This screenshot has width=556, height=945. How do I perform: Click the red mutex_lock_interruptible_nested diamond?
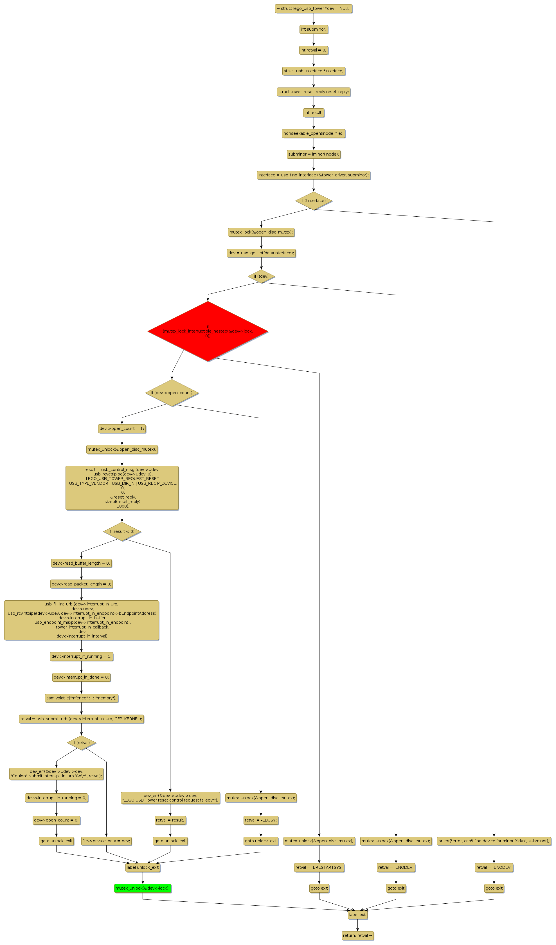208,331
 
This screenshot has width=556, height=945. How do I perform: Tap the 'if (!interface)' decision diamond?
313,201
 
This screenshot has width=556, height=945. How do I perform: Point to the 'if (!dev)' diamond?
261,276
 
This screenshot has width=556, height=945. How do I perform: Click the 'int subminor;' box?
313,29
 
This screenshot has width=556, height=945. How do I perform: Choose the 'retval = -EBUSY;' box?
261,820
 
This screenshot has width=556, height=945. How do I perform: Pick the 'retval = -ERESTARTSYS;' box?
319,867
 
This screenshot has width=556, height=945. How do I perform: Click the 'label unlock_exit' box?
143,867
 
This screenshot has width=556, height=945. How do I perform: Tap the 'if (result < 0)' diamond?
122,531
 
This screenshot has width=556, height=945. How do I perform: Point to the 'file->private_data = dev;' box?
107,841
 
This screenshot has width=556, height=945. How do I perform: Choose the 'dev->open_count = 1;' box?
122,428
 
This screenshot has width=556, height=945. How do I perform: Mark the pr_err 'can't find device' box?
494,841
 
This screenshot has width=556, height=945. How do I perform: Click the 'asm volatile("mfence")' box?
81,698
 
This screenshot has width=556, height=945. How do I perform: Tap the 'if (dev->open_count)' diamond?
172,393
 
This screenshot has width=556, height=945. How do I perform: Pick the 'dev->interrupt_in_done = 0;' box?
81,677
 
